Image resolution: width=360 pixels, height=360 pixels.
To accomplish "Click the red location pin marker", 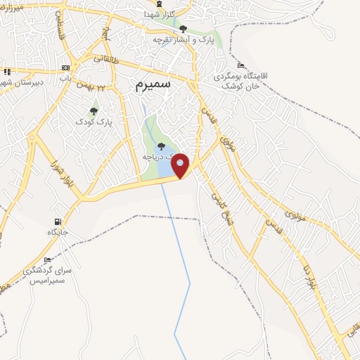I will tap(181, 166).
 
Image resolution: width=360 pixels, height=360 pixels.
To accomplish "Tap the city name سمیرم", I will tap(152, 85).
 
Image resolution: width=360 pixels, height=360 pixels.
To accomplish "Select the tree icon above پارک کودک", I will tap(94, 111).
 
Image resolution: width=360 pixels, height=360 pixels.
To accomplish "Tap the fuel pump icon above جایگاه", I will tap(57, 221).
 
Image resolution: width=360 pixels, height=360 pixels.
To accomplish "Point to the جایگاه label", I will tap(57, 232).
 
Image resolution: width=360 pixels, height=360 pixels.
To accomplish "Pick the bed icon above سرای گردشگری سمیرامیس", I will tap(47, 260).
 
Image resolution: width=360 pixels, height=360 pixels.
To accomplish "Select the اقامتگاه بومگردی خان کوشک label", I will tap(255, 79).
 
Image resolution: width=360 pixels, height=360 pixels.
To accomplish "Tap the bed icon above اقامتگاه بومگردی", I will tap(241, 65).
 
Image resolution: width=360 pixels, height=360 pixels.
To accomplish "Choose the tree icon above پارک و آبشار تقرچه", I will tap(184, 29).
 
